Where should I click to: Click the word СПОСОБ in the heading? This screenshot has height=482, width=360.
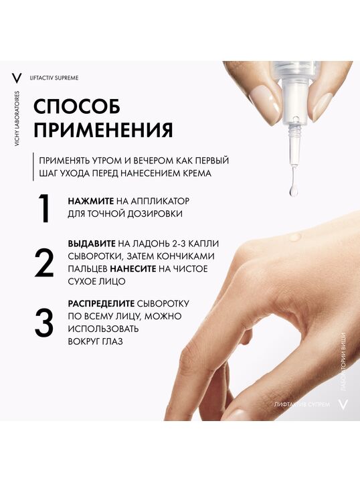click(x=77, y=106)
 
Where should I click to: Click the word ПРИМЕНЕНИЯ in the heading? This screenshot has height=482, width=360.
click(x=103, y=130)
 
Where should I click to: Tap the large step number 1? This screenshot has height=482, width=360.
click(x=45, y=208)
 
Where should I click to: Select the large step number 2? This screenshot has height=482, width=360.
click(x=44, y=263)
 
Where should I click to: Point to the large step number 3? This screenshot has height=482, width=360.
click(x=44, y=323)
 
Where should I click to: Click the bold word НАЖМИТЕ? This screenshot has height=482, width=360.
click(x=91, y=201)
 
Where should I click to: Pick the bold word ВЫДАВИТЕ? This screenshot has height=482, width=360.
click(x=92, y=244)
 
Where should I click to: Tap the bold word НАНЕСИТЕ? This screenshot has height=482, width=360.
click(x=133, y=269)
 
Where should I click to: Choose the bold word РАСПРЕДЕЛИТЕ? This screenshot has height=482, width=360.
click(x=101, y=304)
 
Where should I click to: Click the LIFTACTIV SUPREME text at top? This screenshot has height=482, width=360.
click(x=54, y=78)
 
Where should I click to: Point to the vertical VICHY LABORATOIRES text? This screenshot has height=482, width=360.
click(x=17, y=118)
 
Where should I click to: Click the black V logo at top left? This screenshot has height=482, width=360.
click(x=17, y=78)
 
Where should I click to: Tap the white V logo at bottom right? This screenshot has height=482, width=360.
click(x=343, y=404)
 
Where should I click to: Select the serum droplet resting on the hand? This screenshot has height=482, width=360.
click(x=294, y=237)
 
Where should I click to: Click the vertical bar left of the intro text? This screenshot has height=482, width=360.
click(x=33, y=166)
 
